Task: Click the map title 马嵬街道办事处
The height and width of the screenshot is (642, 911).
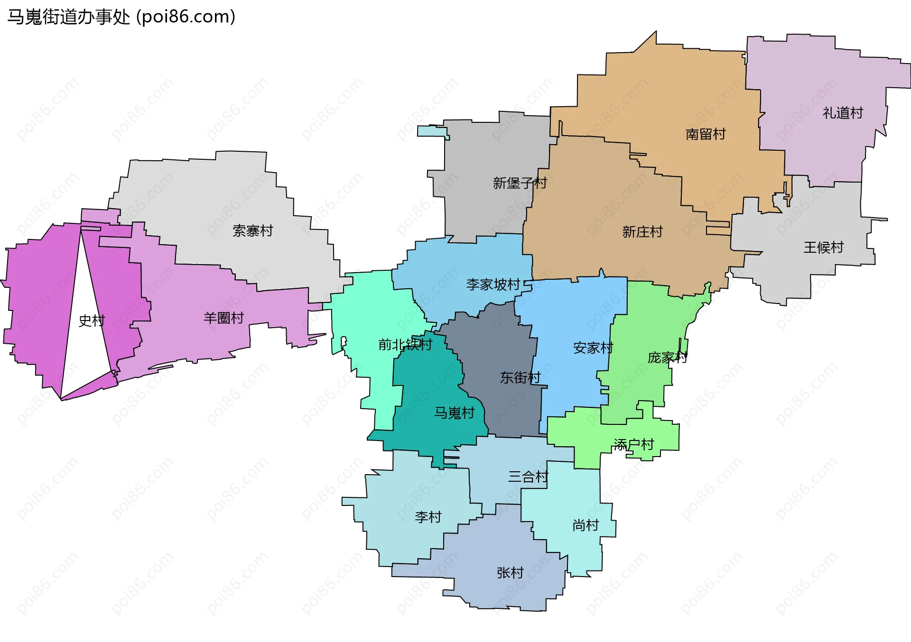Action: [x=69, y=17]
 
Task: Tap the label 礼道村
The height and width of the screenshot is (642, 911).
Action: [x=843, y=113]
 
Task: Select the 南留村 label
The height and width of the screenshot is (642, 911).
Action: [x=706, y=134]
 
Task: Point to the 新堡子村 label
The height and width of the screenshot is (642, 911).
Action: [x=520, y=183]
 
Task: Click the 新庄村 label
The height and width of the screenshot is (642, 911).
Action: [x=642, y=232]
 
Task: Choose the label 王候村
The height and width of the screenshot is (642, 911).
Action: [x=823, y=247]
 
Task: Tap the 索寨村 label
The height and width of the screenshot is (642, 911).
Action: [x=252, y=231]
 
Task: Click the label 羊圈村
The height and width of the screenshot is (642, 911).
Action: [x=223, y=318]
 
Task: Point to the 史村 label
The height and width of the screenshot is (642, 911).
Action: [x=92, y=321]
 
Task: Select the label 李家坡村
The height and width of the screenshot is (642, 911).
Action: [x=493, y=284]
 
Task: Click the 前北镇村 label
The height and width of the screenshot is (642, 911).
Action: [x=405, y=345]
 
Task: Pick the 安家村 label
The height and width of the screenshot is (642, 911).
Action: [x=593, y=348]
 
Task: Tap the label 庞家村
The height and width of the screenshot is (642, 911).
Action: [x=668, y=358]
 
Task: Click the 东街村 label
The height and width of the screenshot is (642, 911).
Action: [x=520, y=377]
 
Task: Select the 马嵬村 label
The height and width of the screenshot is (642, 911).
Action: [x=454, y=413]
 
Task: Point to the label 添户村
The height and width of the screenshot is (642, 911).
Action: [x=633, y=445]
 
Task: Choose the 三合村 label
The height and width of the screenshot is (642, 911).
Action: [x=528, y=477]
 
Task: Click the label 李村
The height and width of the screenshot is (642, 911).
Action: [x=428, y=517]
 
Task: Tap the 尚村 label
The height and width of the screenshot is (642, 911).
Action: [x=586, y=525]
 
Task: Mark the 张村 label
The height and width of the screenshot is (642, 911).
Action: [x=510, y=573]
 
